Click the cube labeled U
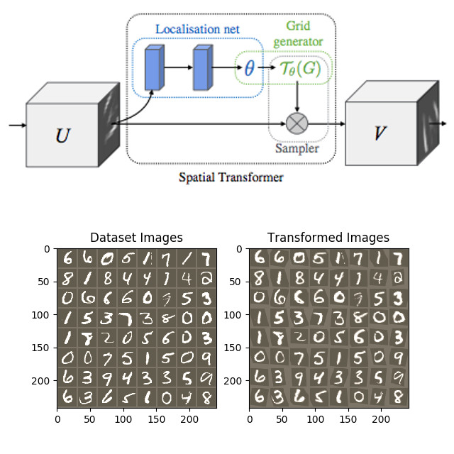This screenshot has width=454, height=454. point(62,134)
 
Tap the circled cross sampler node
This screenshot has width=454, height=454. point(297,123)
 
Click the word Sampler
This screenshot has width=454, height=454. point(297,149)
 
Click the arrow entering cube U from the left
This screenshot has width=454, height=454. point(17,126)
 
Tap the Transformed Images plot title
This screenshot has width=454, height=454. point(328,238)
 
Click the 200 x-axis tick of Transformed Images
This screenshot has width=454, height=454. point(382,419)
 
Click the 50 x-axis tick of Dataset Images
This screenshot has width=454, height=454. point(91,419)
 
